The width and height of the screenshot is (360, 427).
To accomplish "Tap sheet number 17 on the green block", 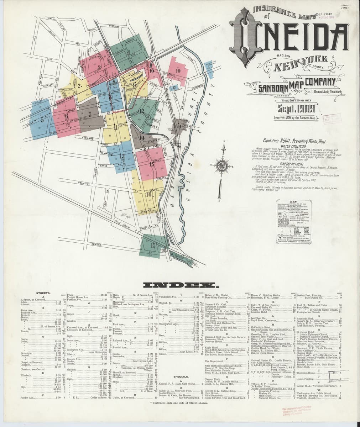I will point(152,245).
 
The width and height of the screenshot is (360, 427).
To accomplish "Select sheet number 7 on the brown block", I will point(90,115).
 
